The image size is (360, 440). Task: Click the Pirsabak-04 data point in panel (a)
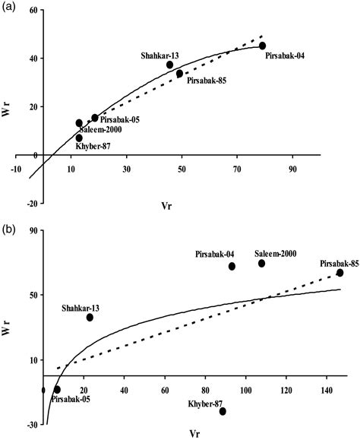[262, 46]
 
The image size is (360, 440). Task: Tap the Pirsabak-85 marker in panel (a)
[180, 74]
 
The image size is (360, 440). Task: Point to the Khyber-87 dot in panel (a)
[79, 138]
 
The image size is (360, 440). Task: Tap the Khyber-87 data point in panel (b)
[223, 411]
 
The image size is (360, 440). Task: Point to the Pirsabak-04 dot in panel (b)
[232, 266]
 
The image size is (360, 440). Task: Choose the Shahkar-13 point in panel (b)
[90, 317]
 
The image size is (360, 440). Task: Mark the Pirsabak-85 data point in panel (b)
[339, 273]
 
